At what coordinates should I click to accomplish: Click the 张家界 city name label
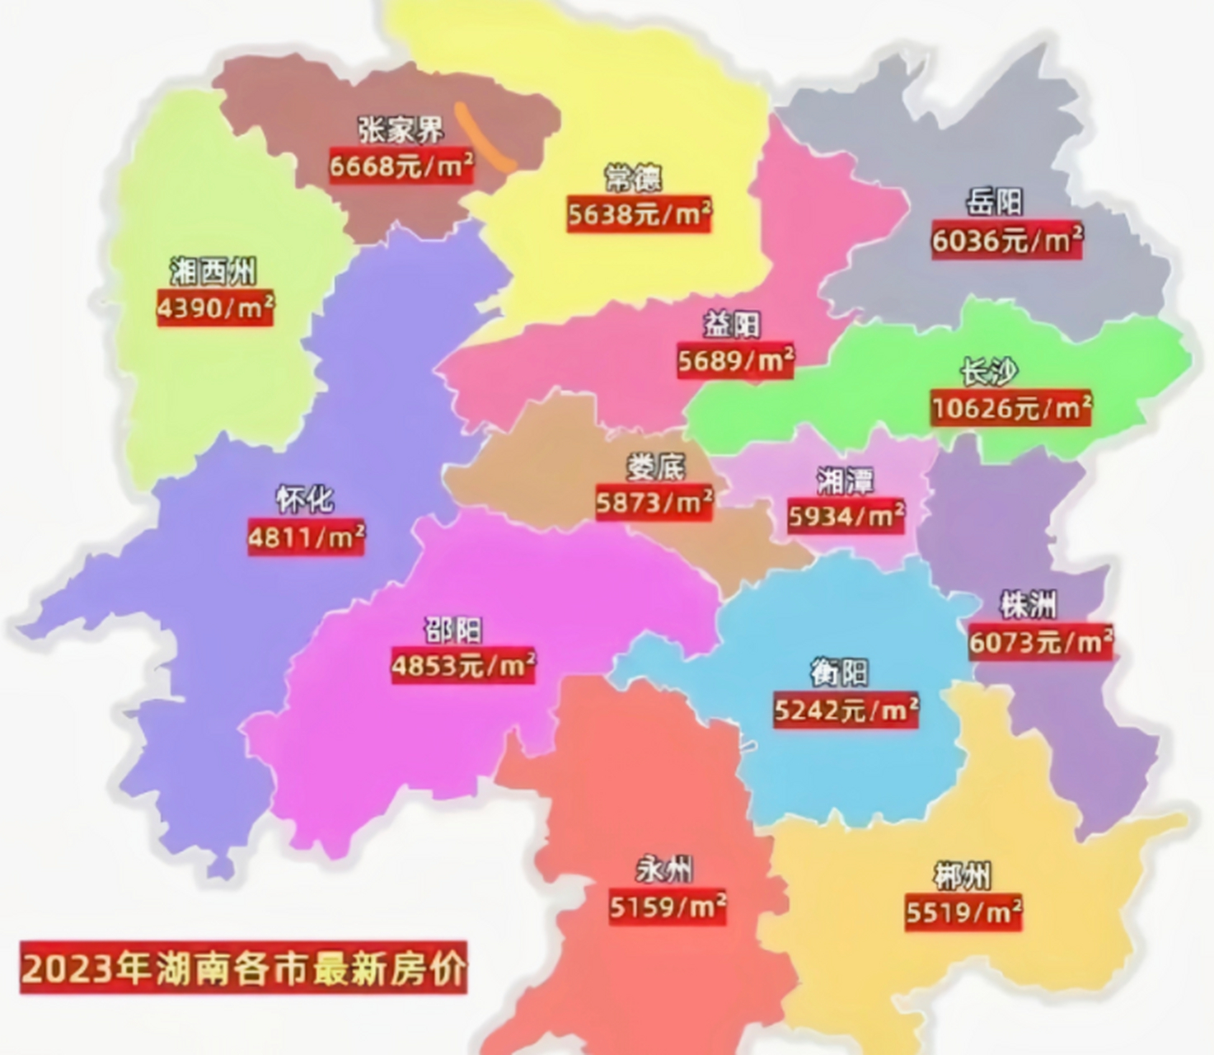point(401,129)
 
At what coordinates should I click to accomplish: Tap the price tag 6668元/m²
point(401,166)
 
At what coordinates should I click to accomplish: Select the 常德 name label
point(633,177)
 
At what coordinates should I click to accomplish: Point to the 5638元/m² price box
point(639,214)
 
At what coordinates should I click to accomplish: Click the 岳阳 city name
point(995,202)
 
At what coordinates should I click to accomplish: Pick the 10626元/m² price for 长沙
point(1011,408)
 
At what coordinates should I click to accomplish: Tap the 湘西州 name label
point(213,270)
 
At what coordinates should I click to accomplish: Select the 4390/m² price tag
point(215,308)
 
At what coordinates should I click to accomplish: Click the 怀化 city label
point(305,499)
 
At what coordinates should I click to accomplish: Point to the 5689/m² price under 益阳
point(735,361)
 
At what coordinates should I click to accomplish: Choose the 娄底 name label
point(656,467)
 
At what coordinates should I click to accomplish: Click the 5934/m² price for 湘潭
point(846,517)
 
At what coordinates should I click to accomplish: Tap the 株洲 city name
point(1028,605)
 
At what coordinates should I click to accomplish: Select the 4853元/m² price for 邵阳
point(463,665)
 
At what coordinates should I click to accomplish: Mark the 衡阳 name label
point(839,673)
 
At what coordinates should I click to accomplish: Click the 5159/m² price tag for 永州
point(668,907)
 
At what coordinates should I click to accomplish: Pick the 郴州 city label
point(962,875)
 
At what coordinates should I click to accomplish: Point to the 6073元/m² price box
point(1040,641)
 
